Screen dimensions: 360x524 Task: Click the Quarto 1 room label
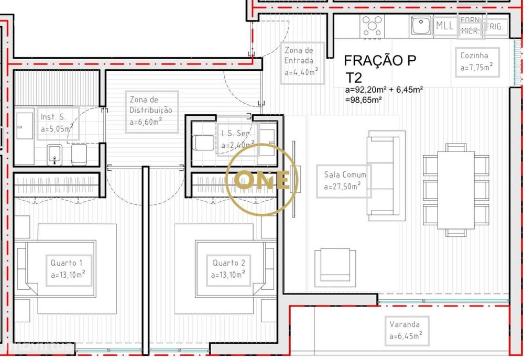click(x=68, y=268)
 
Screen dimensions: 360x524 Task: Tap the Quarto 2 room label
click(x=229, y=268)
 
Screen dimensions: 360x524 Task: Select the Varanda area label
click(x=406, y=330)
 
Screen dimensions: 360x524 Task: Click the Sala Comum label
click(x=344, y=181)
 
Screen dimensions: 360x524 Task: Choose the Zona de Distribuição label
click(x=151, y=111)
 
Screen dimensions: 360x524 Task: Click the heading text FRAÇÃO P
click(x=380, y=60)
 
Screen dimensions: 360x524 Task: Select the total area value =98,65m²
click(x=363, y=99)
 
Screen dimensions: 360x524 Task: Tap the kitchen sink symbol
click(x=420, y=25)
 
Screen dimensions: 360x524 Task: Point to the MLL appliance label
click(x=445, y=25)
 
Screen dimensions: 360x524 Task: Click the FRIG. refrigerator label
click(x=496, y=26)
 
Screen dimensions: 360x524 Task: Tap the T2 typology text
click(x=354, y=78)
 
